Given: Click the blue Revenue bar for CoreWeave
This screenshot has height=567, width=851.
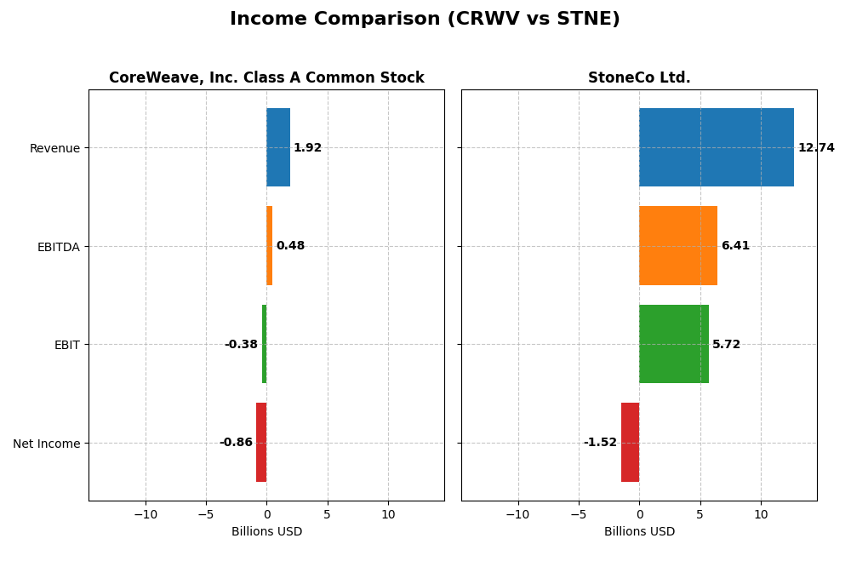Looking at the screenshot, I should (278, 147).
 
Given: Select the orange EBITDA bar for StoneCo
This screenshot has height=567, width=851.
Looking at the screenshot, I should (678, 245).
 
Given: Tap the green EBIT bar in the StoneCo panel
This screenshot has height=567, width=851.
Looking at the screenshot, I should (674, 344).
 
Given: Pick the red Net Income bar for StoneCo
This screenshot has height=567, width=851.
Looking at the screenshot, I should (630, 442).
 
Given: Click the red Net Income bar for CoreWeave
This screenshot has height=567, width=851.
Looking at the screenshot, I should (261, 442).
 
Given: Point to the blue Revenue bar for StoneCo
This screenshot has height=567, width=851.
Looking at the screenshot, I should (717, 147).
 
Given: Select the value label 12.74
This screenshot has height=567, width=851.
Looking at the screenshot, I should (816, 148).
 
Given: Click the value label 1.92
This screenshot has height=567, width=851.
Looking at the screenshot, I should (307, 148).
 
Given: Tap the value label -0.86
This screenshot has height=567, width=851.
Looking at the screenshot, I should (236, 443).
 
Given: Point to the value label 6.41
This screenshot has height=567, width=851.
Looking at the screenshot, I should (735, 246).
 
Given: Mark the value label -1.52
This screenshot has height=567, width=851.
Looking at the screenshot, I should (600, 443).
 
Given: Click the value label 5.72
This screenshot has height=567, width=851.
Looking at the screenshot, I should (726, 345).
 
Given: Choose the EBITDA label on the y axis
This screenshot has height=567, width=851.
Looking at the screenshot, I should (58, 247).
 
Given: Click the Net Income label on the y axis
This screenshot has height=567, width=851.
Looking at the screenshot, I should (47, 444).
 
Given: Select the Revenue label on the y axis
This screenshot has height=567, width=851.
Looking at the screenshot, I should (54, 148).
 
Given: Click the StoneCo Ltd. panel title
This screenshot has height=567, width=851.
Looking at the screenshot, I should (639, 78).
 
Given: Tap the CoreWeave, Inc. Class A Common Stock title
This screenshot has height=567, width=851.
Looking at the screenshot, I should (266, 78).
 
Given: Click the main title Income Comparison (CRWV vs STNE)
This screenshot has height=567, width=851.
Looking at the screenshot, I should (425, 20).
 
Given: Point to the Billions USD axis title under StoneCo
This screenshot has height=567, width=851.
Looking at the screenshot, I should (639, 532).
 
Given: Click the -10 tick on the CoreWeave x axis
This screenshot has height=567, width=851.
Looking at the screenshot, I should (146, 514).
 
